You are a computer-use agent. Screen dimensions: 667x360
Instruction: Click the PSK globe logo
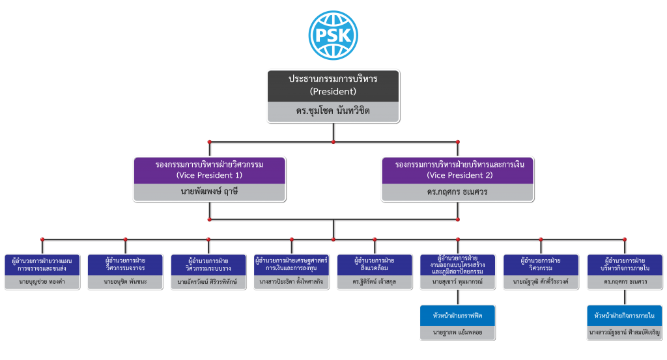click(x=333, y=35)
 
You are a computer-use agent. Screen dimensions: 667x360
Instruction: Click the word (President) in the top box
click(x=333, y=91)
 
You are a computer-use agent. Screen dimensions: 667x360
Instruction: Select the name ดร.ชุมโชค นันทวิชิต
click(x=333, y=111)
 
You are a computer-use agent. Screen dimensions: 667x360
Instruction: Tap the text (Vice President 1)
click(x=209, y=175)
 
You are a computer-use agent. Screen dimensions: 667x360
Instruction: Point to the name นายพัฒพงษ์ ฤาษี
click(x=209, y=191)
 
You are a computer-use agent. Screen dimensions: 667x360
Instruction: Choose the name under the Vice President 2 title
click(x=457, y=191)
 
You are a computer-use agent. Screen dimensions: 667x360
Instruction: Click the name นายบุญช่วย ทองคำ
click(x=42, y=281)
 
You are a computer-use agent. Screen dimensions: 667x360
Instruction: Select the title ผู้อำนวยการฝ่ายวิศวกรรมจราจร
click(x=126, y=264)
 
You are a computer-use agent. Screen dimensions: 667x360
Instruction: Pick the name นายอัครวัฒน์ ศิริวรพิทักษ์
click(x=207, y=281)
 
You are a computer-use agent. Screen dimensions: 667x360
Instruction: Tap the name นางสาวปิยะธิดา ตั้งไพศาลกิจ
click(x=291, y=281)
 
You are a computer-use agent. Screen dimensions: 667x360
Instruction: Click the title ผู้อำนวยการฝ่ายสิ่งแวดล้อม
click(x=375, y=264)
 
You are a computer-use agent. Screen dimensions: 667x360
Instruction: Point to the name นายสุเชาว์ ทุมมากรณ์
click(x=457, y=281)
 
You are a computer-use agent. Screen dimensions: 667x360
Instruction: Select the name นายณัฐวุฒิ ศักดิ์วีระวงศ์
click(x=541, y=281)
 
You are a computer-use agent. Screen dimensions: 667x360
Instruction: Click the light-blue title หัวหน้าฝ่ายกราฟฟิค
click(x=458, y=316)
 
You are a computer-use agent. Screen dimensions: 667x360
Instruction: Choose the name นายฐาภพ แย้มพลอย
click(x=458, y=333)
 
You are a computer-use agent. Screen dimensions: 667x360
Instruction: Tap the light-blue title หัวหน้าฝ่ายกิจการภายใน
click(x=625, y=316)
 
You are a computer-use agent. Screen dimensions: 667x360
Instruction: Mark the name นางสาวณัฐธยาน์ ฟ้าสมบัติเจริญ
click(x=625, y=333)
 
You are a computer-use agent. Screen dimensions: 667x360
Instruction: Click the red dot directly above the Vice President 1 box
click(x=209, y=142)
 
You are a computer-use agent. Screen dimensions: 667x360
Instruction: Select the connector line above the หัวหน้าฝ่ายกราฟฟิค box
click(x=458, y=298)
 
